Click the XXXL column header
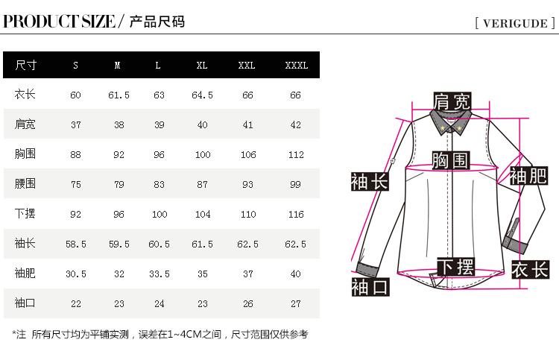click(x=296, y=65)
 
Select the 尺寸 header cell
click(x=25, y=65)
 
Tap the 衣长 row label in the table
click(x=25, y=95)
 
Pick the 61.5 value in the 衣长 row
click(x=119, y=95)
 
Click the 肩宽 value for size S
click(x=75, y=124)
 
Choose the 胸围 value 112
click(x=296, y=154)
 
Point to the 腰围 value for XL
click(x=202, y=184)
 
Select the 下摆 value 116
click(x=296, y=214)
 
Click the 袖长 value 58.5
click(x=75, y=244)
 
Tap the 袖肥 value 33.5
click(x=159, y=274)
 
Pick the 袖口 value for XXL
click(x=247, y=303)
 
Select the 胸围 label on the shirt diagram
click(x=450, y=160)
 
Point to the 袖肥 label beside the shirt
click(x=528, y=175)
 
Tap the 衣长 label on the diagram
click(x=530, y=269)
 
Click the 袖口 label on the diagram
click(x=370, y=286)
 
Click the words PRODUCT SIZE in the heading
click(x=59, y=21)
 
